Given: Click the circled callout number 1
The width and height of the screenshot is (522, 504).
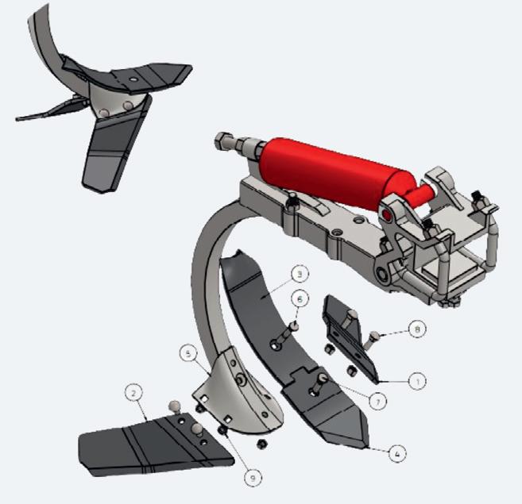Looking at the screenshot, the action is click(x=417, y=381).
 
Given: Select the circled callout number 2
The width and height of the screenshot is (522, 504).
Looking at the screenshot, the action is click(x=133, y=394).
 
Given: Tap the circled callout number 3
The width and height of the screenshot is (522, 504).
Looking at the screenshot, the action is click(x=300, y=275).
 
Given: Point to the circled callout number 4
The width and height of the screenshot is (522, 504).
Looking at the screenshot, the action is click(x=396, y=453).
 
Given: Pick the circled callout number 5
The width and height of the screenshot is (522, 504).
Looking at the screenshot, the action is click(x=189, y=354).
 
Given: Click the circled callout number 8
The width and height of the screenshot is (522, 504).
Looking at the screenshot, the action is click(x=417, y=329).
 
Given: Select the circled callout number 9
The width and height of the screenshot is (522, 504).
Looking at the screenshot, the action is click(x=253, y=478).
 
